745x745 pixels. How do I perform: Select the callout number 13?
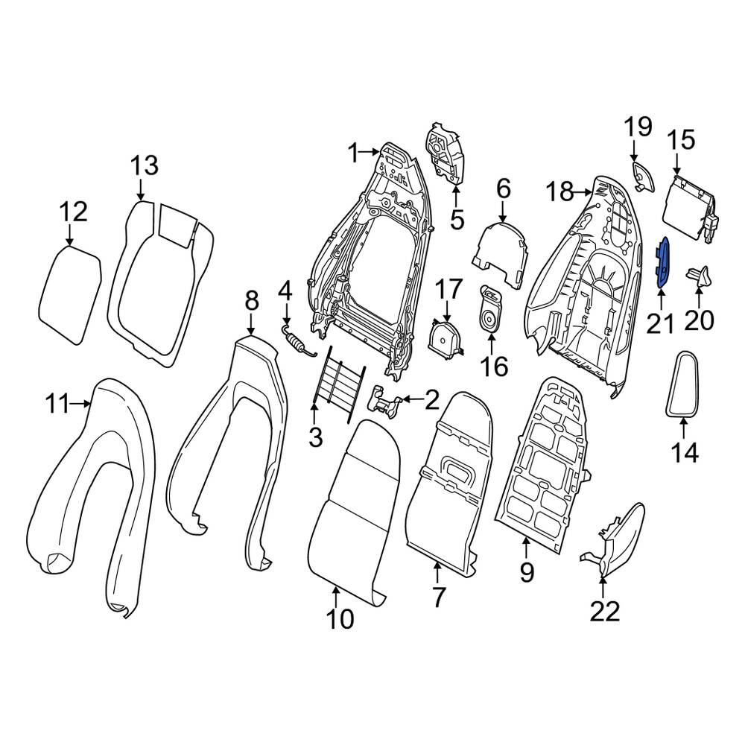coord(144,166)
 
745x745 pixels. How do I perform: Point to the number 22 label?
coord(605,612)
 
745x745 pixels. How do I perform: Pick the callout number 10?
coord(340,619)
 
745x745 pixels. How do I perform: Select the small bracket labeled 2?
coord(385,403)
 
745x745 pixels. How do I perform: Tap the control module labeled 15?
coord(692,209)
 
